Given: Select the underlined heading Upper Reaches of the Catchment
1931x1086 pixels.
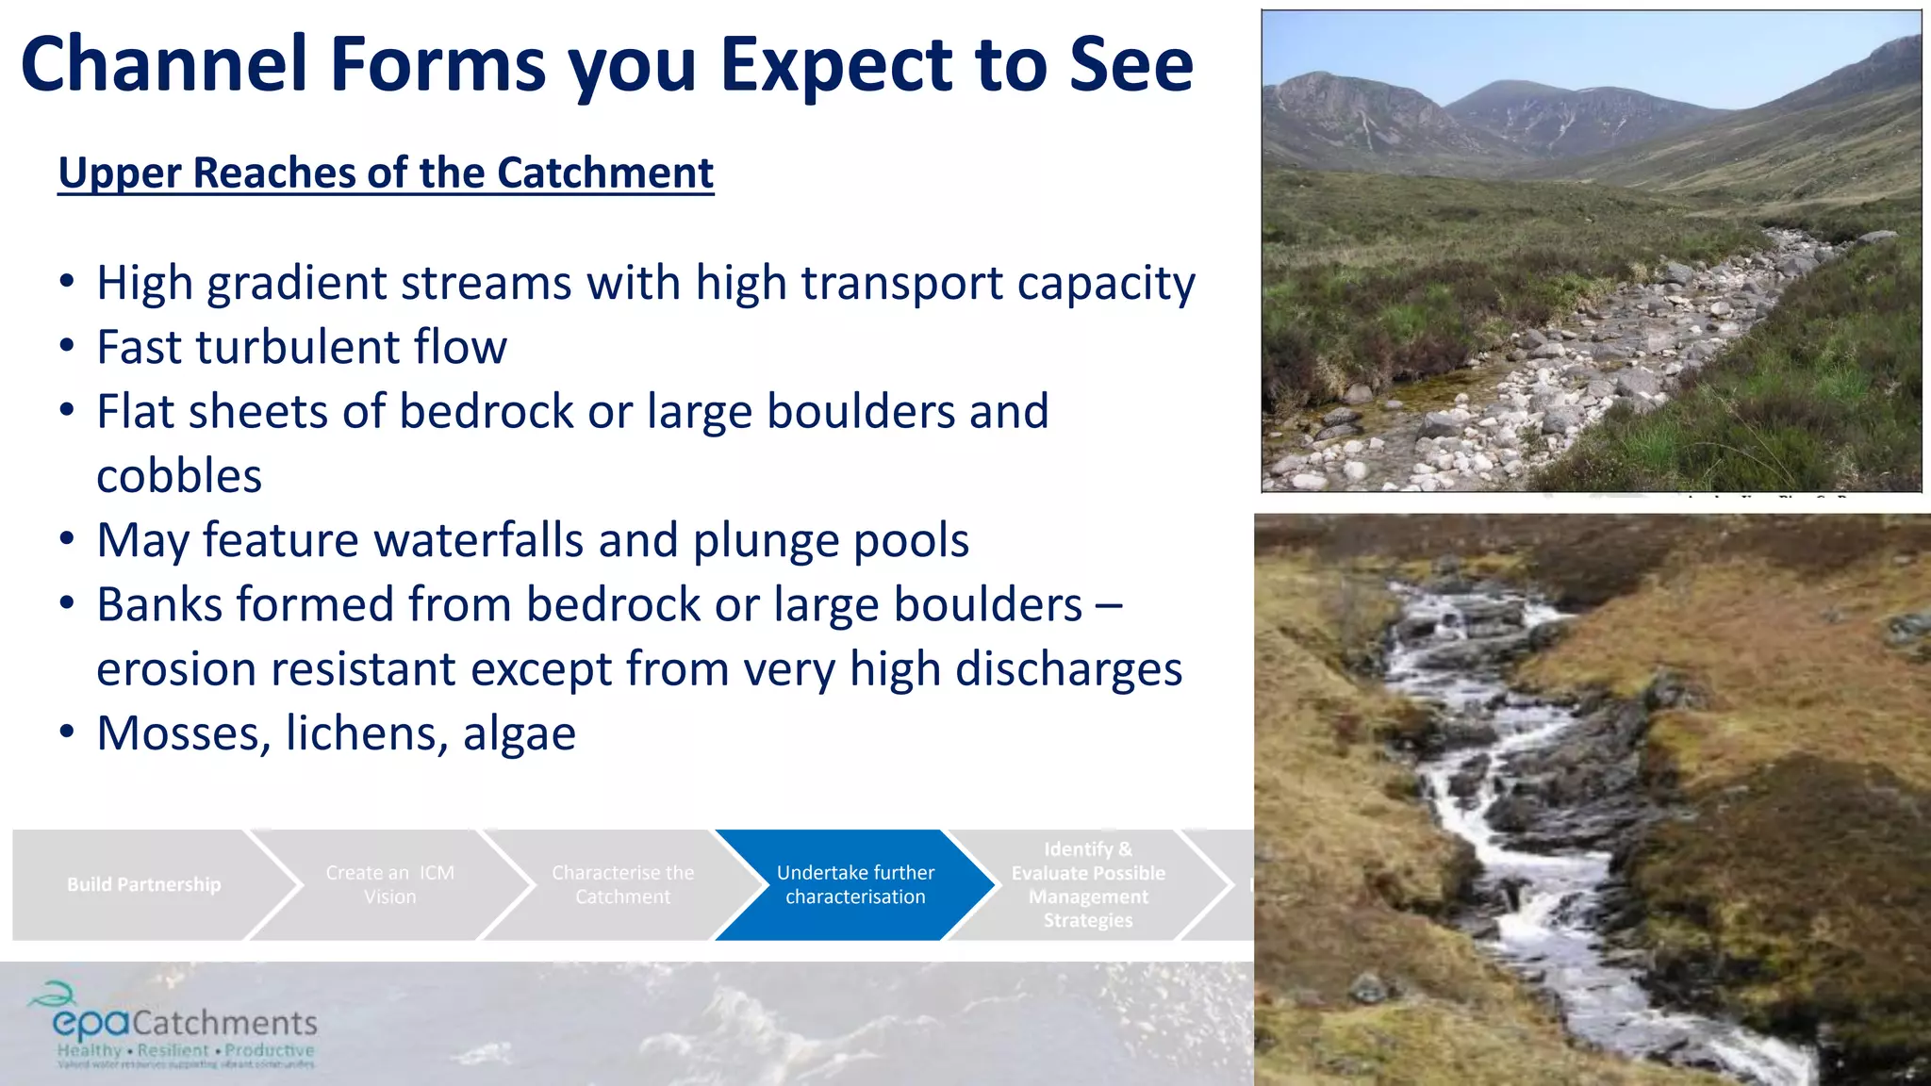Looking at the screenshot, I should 386,173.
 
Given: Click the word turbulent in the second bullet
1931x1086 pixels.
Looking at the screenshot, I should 298,348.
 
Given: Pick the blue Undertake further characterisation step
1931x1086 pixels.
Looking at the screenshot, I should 855,885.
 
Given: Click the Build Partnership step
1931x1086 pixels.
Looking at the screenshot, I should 143,885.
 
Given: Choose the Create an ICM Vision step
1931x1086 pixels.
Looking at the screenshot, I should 389,885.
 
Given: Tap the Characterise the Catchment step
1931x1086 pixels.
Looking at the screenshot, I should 622,885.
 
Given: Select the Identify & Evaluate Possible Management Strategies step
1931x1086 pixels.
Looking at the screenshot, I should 1087,885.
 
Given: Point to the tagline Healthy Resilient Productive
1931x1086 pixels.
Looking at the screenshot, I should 185,1051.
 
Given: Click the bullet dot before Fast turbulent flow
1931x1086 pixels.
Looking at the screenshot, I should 66,347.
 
